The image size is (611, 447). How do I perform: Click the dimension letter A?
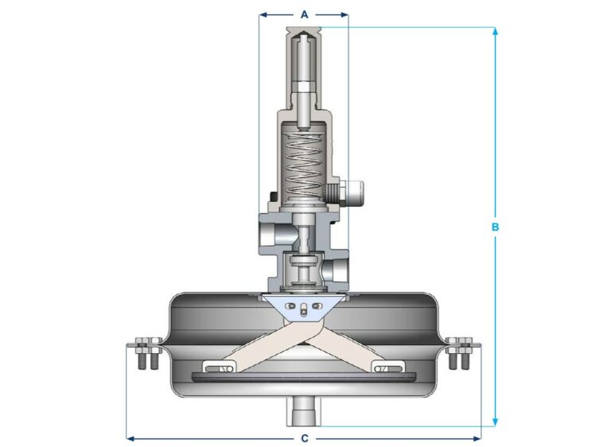click(x=304, y=14)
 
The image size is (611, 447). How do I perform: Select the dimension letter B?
click(x=495, y=227)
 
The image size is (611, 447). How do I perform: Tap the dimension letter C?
click(x=304, y=438)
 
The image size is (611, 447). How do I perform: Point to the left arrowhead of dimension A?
click(x=263, y=14)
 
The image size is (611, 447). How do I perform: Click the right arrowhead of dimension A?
click(x=344, y=14)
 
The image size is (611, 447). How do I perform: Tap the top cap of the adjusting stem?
click(x=304, y=34)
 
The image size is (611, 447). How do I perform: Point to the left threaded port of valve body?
click(x=265, y=235)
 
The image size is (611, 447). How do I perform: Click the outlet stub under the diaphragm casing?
click(x=304, y=410)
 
